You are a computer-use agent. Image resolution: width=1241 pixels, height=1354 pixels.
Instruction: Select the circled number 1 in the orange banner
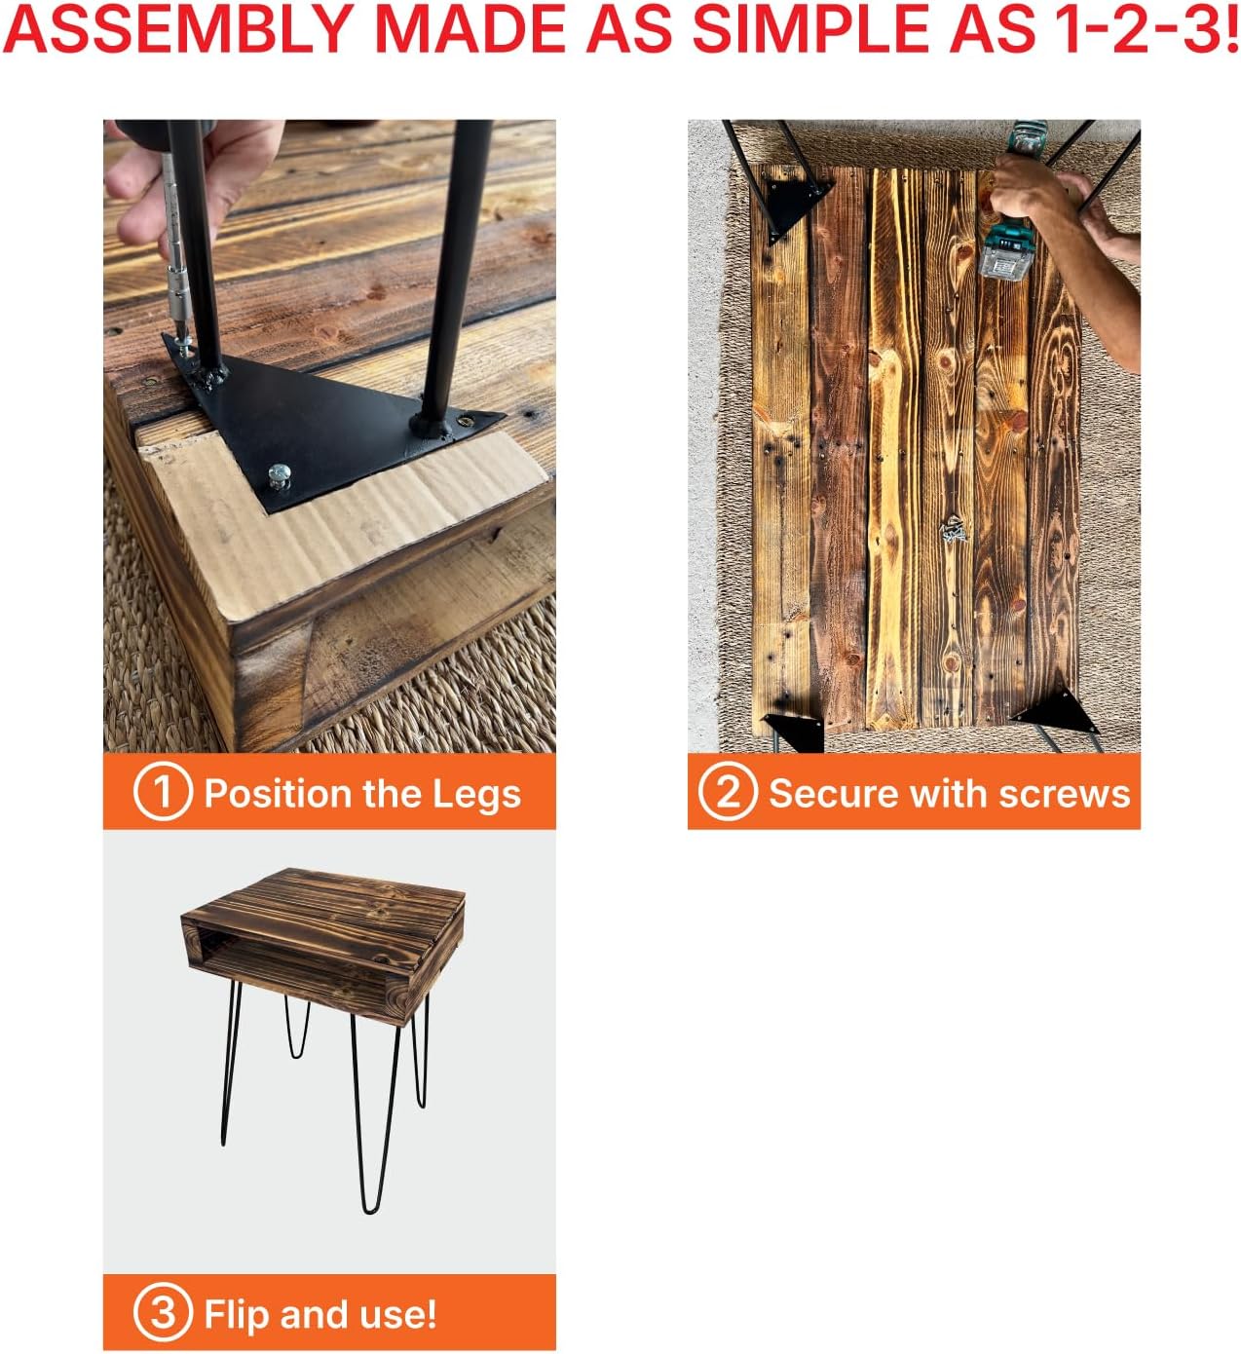pos(163,791)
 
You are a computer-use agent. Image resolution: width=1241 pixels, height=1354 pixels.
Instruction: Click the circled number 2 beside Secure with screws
pos(728,791)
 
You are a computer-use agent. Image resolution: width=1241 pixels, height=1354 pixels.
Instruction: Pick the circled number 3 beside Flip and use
pos(163,1313)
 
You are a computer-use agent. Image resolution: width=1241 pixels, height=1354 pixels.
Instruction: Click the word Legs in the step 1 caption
pos(476,794)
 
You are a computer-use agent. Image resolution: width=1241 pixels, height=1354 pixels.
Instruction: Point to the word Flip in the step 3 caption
pos(237,1314)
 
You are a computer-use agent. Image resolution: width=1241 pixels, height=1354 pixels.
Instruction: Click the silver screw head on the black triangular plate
pos(279,475)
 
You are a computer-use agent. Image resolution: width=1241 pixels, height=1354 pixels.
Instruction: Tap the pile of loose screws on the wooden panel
pos(953,530)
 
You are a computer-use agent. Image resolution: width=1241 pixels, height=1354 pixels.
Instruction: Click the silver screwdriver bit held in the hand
pos(176,256)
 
